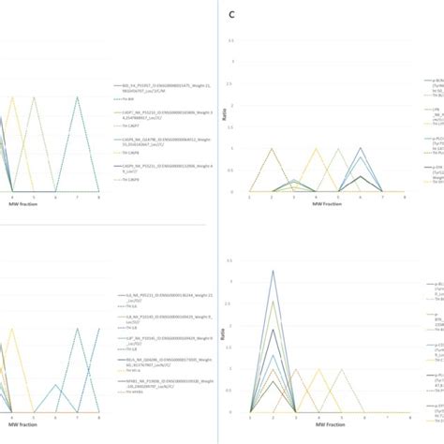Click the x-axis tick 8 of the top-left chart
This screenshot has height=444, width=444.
click(100, 196)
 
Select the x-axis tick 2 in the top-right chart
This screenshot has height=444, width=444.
click(273, 196)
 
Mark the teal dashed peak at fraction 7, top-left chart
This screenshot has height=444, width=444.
click(78, 97)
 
